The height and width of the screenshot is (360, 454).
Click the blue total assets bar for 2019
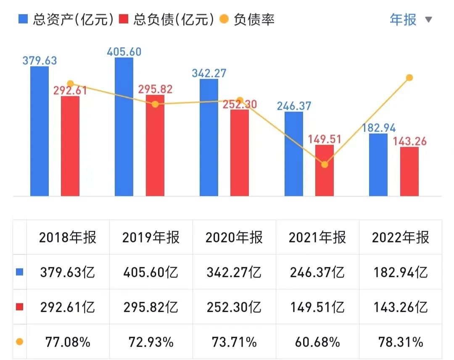point(124,126)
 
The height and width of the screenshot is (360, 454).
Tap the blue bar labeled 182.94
point(378,165)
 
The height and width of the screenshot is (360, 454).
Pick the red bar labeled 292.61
point(70,146)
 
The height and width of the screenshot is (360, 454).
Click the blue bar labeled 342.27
point(209,137)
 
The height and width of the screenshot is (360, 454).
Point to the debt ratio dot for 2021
point(325,164)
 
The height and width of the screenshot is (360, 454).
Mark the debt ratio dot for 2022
point(409,78)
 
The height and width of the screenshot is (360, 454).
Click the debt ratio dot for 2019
point(155,104)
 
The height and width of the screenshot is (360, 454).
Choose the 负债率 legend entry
point(248,19)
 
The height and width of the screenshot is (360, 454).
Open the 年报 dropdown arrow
point(428,20)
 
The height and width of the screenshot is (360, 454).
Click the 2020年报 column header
point(234,237)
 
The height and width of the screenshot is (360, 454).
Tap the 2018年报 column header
point(68,237)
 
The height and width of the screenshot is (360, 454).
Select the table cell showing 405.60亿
point(151,272)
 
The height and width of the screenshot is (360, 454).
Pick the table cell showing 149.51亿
point(317,307)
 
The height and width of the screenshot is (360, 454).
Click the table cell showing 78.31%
point(401,342)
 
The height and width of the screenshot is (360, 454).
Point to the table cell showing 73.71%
point(234,342)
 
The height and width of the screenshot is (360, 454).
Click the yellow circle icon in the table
point(19,342)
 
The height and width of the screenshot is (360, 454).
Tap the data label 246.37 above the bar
point(294,105)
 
